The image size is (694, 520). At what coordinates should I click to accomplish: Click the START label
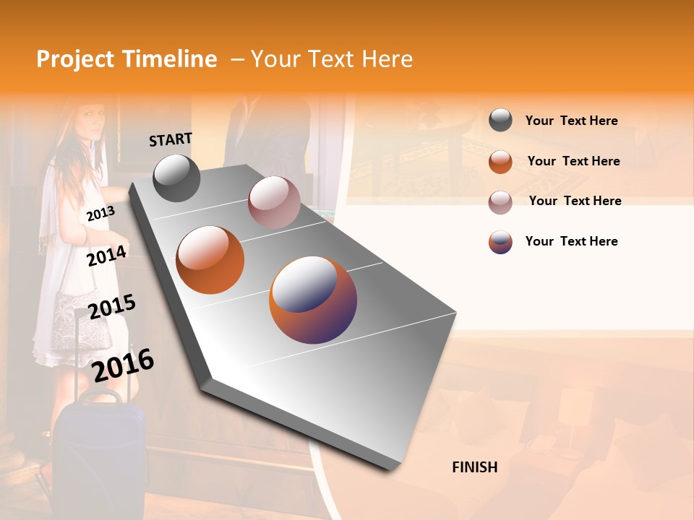pos(171,139)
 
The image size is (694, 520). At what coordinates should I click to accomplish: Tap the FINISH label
pos(474,467)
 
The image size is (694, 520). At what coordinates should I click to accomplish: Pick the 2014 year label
pos(106,256)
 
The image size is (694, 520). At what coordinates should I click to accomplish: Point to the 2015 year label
pos(111,307)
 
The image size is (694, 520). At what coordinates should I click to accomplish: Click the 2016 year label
pos(123,365)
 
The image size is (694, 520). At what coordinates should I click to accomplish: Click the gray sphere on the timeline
pos(176,178)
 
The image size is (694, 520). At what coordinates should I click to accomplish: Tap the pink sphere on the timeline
pos(274,202)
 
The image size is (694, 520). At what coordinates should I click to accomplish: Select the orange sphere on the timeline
pos(210,260)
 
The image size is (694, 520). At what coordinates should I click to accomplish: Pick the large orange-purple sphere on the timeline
pos(313,300)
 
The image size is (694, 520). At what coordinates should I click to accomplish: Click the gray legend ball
pos(500,120)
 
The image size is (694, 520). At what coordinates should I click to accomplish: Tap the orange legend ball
pos(500,161)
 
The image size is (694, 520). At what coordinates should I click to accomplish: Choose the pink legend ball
pos(500,201)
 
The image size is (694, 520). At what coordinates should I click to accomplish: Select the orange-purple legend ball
pos(500,242)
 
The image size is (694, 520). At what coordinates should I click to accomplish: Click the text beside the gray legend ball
pos(571,121)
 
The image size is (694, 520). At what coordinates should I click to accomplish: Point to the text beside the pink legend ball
pos(575,201)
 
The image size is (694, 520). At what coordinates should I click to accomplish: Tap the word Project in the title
pos(75,59)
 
